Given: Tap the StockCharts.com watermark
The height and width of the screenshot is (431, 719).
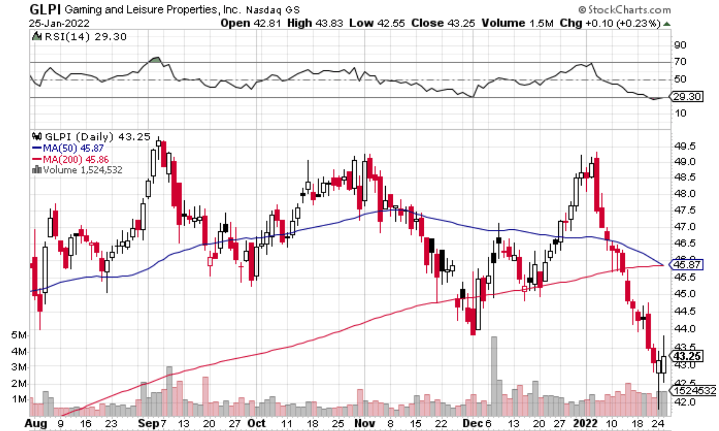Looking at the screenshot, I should pyautogui.click(x=625, y=9).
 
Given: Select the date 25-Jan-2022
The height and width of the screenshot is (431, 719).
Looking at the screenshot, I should pyautogui.click(x=59, y=24).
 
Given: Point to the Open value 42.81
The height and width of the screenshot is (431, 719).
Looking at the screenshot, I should pyautogui.click(x=267, y=23).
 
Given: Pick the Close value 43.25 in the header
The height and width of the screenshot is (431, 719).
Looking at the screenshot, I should pyautogui.click(x=461, y=23).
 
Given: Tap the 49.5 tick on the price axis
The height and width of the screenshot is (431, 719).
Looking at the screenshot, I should pyautogui.click(x=684, y=146).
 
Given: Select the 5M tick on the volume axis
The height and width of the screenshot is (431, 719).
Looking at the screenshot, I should pyautogui.click(x=19, y=335).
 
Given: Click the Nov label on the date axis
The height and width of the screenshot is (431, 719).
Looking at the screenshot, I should pyautogui.click(x=364, y=424).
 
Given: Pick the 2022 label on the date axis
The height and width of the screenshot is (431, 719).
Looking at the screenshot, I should pyautogui.click(x=585, y=424).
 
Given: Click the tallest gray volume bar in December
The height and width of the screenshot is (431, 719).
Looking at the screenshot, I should pyautogui.click(x=494, y=376).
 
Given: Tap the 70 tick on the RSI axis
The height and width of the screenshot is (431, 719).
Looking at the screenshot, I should pyautogui.click(x=680, y=62).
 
